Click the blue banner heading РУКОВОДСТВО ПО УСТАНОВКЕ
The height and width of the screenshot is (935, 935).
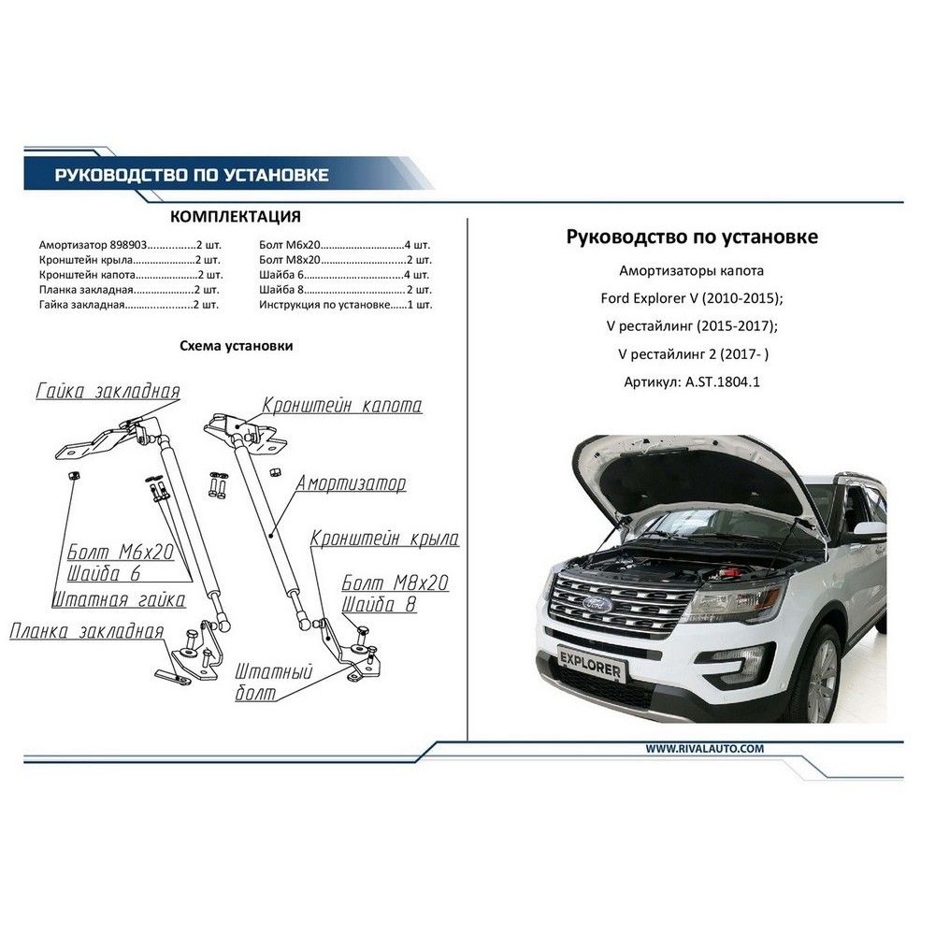[192, 175]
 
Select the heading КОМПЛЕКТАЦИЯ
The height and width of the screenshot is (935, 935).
[236, 217]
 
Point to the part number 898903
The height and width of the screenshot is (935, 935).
[128, 245]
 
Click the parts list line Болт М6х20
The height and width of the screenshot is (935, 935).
[345, 245]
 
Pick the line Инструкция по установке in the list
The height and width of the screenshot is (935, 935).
[345, 305]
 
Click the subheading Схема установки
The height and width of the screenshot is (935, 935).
[237, 346]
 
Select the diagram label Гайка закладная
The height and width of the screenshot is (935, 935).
[108, 391]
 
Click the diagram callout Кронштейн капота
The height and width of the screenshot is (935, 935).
[342, 405]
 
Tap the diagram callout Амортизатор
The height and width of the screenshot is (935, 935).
[351, 483]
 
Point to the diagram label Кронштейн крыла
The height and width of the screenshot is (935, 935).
[384, 538]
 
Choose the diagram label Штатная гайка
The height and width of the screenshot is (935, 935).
[120, 598]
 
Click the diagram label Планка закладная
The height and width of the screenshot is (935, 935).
[87, 631]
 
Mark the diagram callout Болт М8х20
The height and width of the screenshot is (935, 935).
[395, 583]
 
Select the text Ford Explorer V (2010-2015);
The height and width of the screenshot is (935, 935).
[692, 298]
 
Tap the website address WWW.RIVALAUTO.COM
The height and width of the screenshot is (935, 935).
[704, 748]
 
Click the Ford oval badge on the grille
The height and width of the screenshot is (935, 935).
[597, 605]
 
